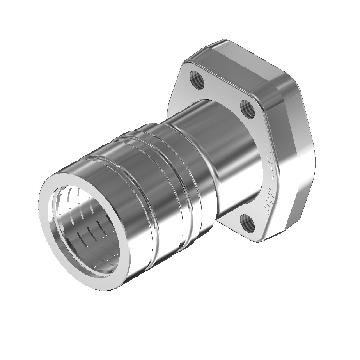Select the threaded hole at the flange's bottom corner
coord(247,223)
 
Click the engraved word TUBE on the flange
coord(268,162)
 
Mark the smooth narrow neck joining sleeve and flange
coord(218,156)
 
